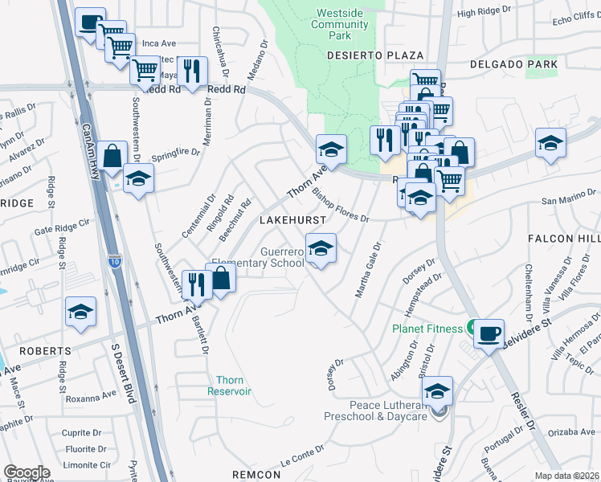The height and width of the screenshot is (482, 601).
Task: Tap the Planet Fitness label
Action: (x=427, y=329)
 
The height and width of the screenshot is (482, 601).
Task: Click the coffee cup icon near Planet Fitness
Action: (x=489, y=333)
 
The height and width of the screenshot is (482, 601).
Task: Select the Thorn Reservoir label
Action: (x=234, y=386)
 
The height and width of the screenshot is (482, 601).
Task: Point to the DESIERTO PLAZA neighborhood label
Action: (x=375, y=55)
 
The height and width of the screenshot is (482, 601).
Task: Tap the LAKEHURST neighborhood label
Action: (x=292, y=219)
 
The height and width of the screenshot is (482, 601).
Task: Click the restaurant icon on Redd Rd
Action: (x=191, y=71)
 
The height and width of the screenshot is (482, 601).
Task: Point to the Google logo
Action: (x=27, y=472)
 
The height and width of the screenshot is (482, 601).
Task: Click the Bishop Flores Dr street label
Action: (x=341, y=206)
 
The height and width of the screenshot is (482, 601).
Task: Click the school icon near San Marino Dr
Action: (x=550, y=145)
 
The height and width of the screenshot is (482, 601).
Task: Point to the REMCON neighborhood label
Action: (x=256, y=475)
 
